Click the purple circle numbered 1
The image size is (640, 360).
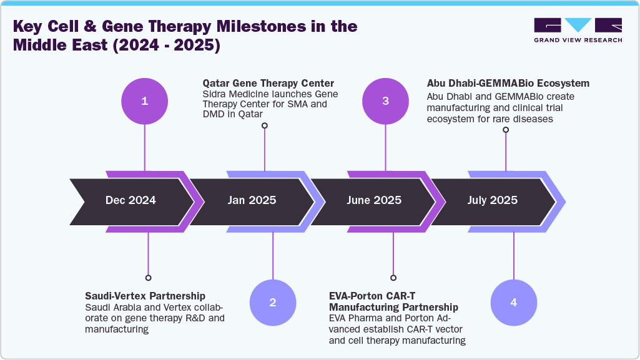(x=145, y=101)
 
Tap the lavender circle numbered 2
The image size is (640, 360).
(x=273, y=303)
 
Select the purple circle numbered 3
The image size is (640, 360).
(x=385, y=101)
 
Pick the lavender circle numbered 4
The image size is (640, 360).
(x=513, y=303)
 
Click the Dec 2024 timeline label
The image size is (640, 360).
(x=130, y=200)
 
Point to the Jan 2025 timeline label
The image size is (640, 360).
(x=252, y=200)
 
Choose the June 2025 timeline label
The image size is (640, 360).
(x=374, y=200)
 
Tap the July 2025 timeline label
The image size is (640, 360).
(x=493, y=200)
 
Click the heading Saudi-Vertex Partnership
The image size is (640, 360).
(x=145, y=295)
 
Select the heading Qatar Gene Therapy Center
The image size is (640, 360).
(x=268, y=83)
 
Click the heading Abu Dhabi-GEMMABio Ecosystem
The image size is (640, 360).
(x=508, y=83)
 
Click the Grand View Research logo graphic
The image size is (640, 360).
(x=578, y=25)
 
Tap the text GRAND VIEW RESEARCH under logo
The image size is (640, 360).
(x=578, y=40)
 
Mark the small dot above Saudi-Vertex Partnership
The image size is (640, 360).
(x=148, y=278)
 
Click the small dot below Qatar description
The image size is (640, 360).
(x=265, y=125)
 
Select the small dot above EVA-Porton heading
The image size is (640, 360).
(x=393, y=278)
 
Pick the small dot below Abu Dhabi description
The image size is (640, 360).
(x=505, y=130)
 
